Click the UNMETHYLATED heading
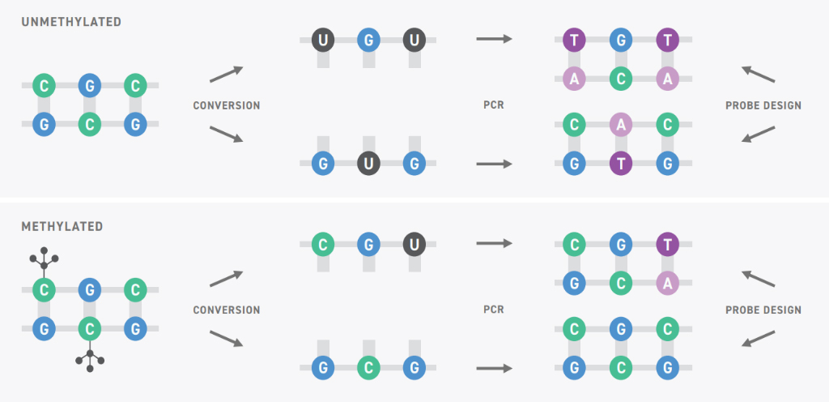point(71,22)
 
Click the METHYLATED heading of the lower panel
point(62,227)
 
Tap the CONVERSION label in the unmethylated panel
point(227,106)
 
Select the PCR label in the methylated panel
point(494,310)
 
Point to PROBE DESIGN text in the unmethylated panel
point(763,106)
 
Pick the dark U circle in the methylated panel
point(414,245)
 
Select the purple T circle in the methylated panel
point(667,245)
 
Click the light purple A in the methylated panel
point(667,284)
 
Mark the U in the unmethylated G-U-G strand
point(368,164)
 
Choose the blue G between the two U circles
point(368,41)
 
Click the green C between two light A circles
point(621,79)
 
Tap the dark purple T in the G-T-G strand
point(621,164)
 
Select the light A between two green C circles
point(621,125)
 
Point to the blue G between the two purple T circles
point(621,41)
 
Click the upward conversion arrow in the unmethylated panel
point(227,74)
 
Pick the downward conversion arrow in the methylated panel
point(227,339)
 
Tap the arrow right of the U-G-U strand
point(495,39)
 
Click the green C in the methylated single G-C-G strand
point(368,368)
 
